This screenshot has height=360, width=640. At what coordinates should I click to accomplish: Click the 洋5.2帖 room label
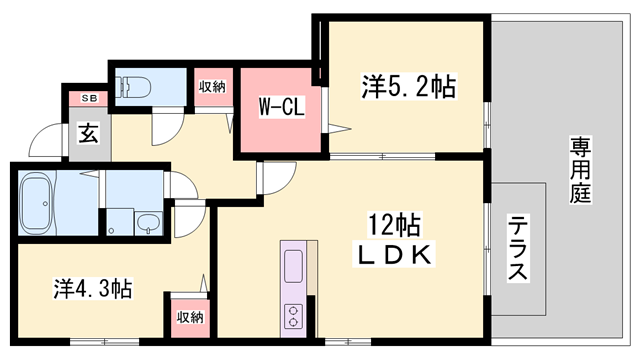[x=408, y=88]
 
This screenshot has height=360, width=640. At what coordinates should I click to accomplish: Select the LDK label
[x=396, y=256]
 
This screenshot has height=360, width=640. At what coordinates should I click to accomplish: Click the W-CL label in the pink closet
[x=279, y=106]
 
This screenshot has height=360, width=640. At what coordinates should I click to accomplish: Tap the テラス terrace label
[x=518, y=249]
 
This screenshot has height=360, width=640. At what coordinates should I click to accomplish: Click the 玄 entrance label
[x=88, y=132]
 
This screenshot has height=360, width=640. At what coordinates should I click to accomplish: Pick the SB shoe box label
[x=89, y=98]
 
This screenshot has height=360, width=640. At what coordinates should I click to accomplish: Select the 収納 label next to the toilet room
[x=211, y=87]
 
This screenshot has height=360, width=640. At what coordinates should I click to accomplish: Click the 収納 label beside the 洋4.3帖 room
[x=190, y=318]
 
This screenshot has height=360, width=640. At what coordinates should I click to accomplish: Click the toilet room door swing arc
[x=166, y=125]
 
